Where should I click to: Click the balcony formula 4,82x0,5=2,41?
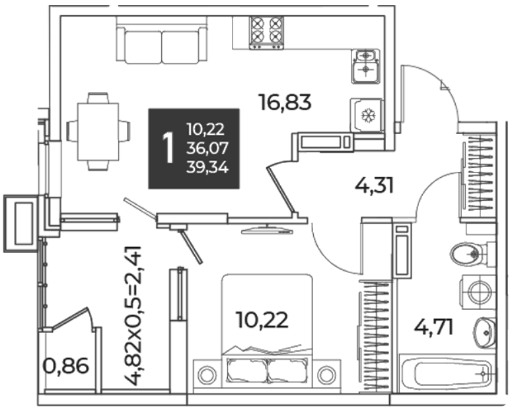pyautogui.click(x=135, y=316)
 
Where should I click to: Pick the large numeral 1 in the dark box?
pyautogui.click(x=169, y=148)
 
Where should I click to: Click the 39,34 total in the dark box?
pyautogui.click(x=207, y=168)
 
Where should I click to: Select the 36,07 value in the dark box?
pyautogui.click(x=207, y=148)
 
